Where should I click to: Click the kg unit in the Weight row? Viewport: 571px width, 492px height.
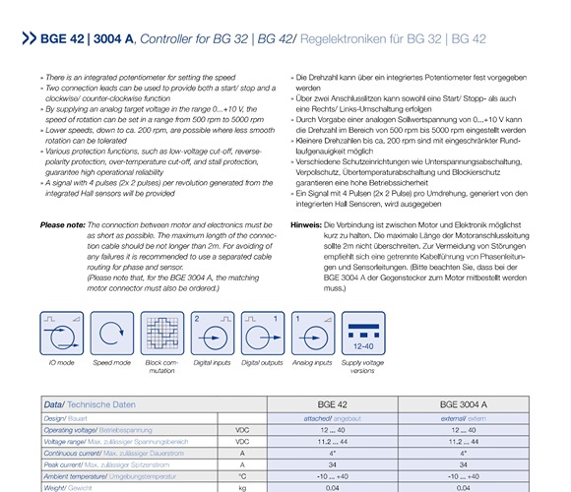point(241,486)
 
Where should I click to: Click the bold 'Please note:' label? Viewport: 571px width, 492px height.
point(63,225)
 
